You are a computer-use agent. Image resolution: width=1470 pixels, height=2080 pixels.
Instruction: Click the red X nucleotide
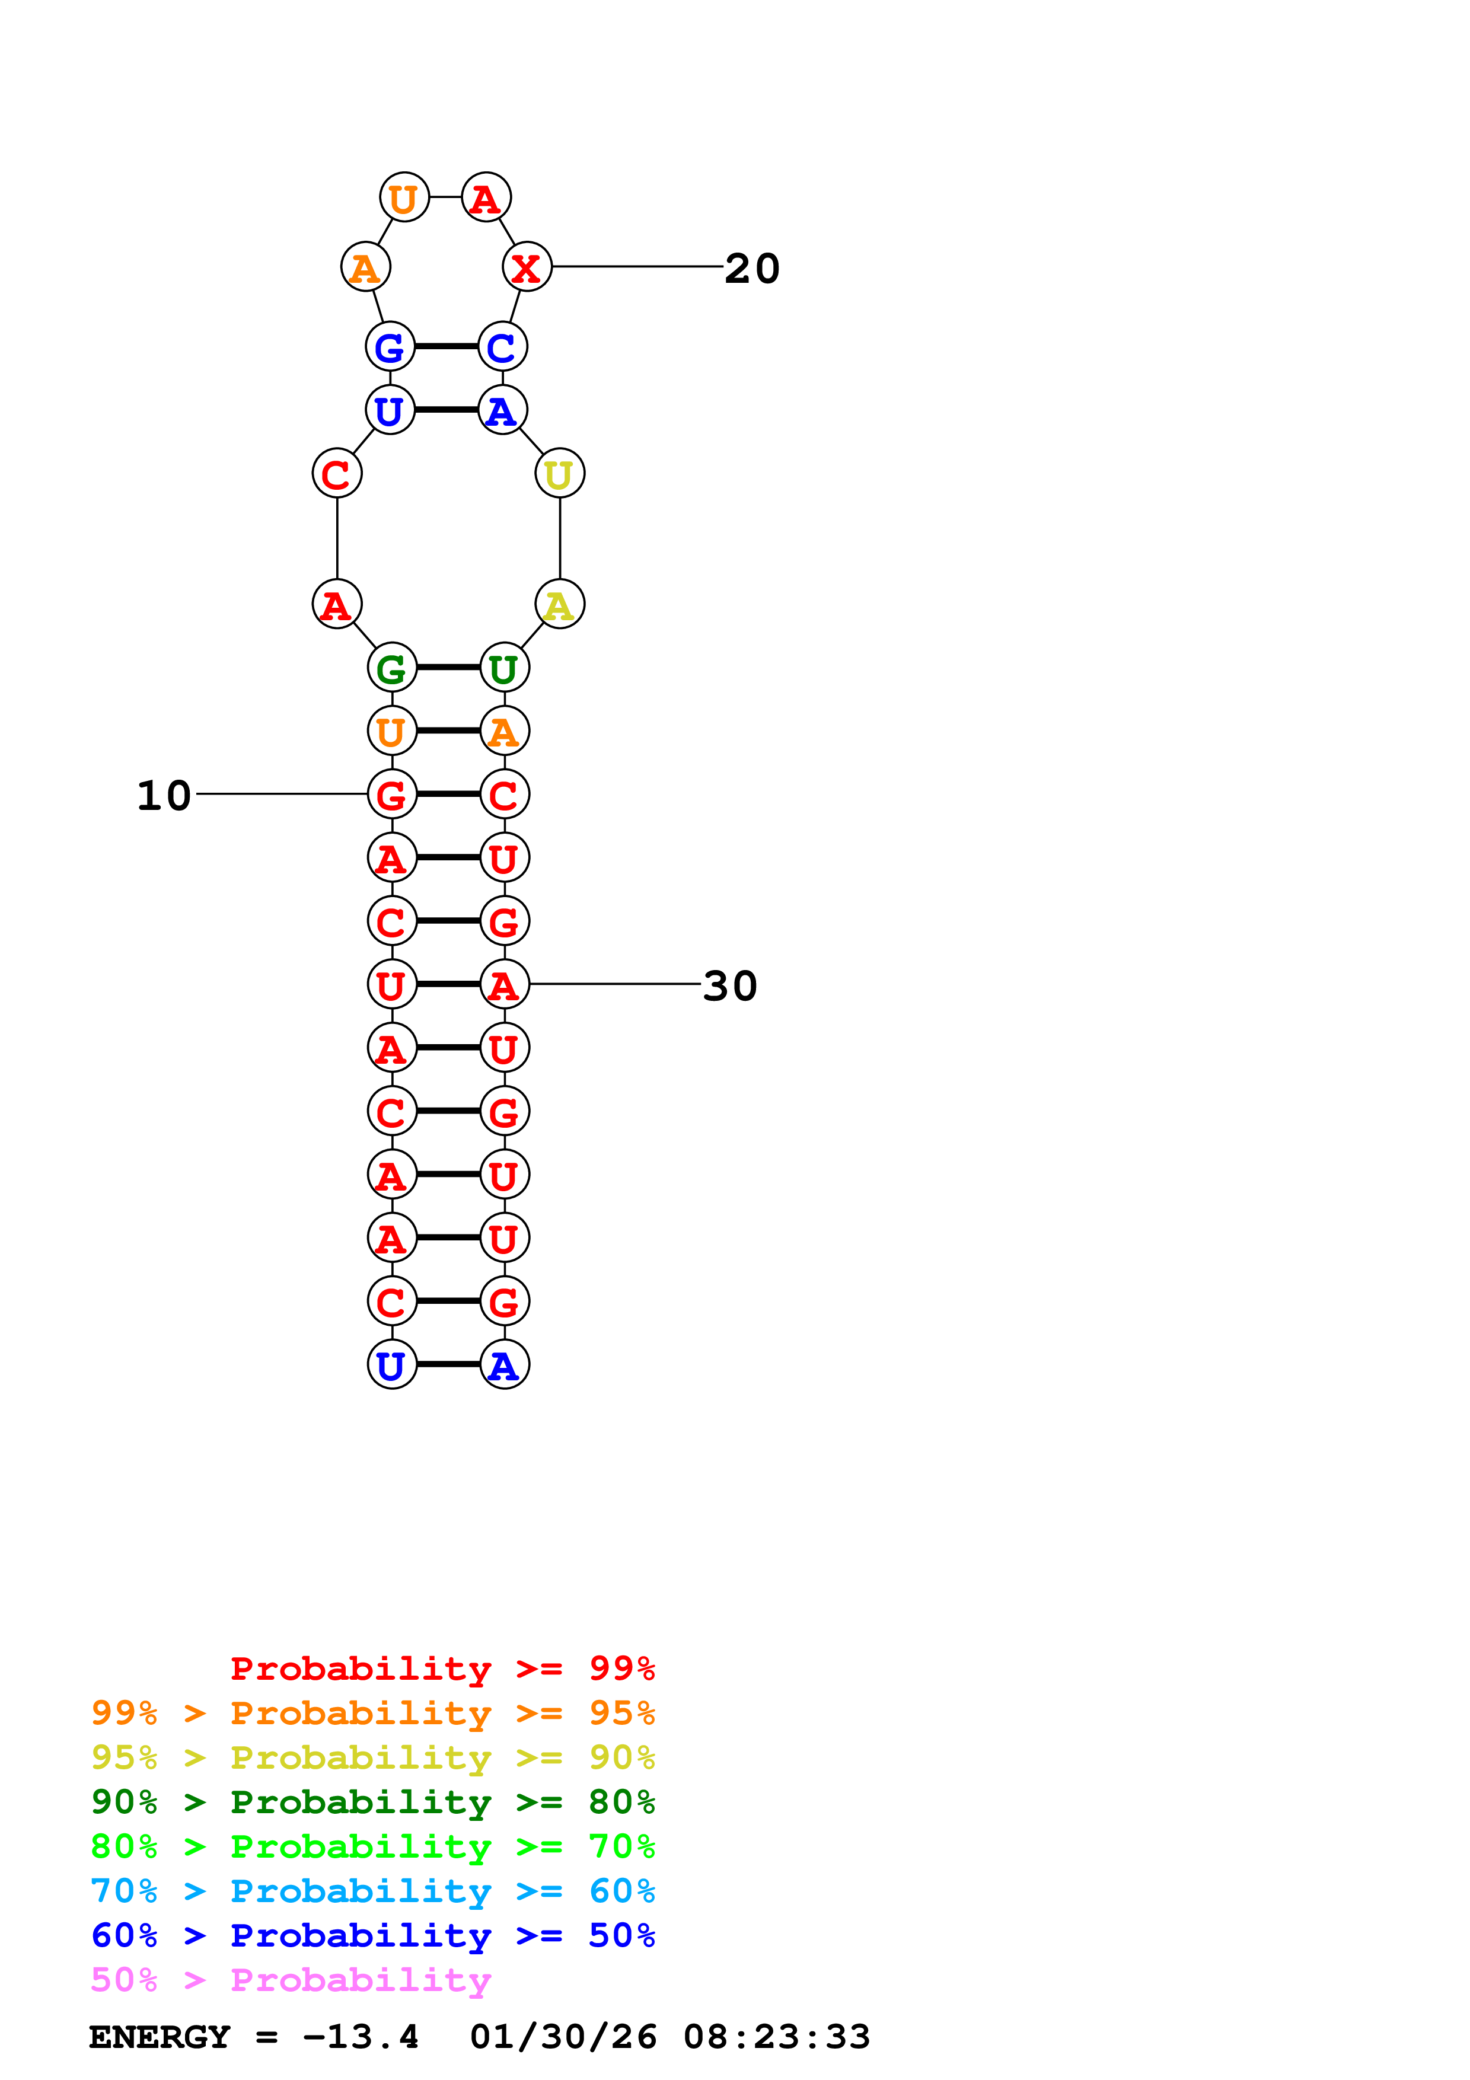click(526, 268)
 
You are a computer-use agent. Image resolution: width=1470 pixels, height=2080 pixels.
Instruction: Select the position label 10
click(164, 795)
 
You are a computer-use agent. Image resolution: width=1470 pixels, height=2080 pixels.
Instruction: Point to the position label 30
click(730, 985)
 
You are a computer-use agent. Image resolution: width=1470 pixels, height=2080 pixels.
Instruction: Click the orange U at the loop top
click(404, 197)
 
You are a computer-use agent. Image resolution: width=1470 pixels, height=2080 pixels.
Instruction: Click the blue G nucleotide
click(390, 347)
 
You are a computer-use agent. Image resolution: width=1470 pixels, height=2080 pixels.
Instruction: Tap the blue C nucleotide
click(502, 347)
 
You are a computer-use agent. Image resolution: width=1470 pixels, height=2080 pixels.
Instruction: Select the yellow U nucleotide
click(560, 474)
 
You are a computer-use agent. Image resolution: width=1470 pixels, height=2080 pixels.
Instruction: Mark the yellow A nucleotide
click(560, 604)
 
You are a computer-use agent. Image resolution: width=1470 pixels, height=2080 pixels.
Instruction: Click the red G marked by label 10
click(391, 795)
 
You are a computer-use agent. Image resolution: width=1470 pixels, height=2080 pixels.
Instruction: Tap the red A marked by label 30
click(503, 985)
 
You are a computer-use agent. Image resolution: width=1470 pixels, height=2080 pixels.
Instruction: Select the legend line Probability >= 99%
click(443, 1669)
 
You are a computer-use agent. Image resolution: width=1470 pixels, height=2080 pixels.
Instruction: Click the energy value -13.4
click(361, 2037)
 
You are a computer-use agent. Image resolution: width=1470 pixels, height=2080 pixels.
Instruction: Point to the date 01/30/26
click(563, 2037)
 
